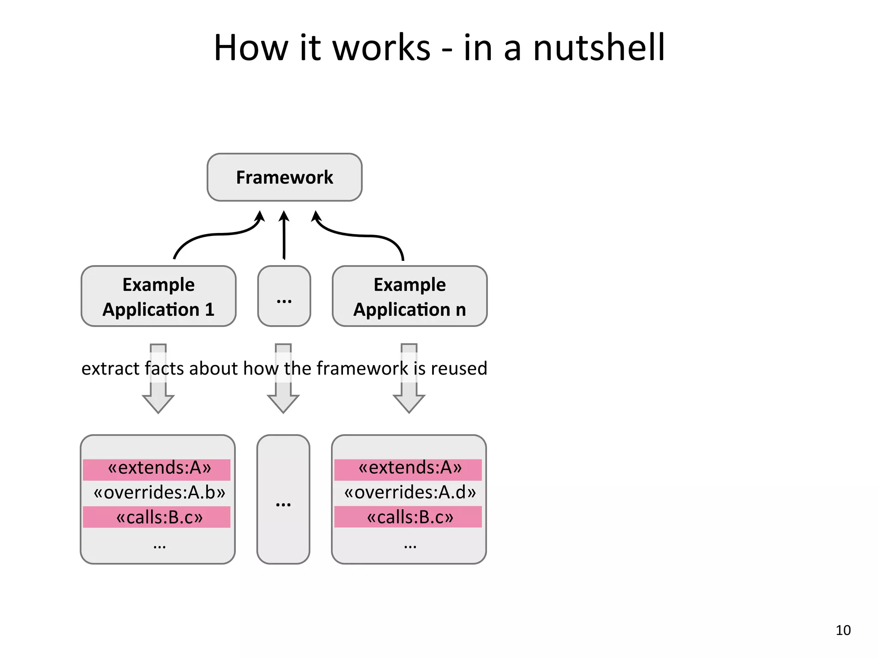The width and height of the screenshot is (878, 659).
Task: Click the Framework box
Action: click(x=284, y=177)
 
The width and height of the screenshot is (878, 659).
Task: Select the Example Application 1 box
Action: click(x=158, y=296)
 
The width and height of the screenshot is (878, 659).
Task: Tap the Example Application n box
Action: click(x=409, y=296)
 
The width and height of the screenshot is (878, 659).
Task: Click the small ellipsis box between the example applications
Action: click(x=284, y=296)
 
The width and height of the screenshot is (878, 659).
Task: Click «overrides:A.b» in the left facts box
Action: click(x=159, y=493)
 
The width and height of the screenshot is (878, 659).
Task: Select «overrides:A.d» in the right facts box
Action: click(x=410, y=493)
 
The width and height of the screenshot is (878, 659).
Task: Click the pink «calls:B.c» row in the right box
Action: click(x=408, y=517)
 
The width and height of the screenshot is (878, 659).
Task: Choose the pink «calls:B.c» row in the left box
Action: click(x=157, y=517)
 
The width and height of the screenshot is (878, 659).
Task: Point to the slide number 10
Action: click(x=843, y=630)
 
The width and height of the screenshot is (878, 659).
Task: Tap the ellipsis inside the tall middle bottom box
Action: click(x=283, y=504)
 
